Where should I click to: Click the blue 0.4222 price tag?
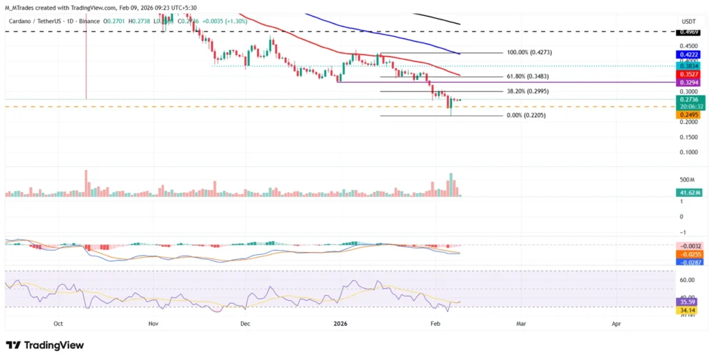point(689,54)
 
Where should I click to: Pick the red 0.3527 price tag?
point(689,74)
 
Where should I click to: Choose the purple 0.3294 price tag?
point(689,82)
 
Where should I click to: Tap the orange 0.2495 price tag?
point(689,114)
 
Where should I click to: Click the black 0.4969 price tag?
point(689,32)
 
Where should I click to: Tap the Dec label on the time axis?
point(245,324)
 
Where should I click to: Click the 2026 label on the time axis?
point(340,324)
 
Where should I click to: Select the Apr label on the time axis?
point(616,324)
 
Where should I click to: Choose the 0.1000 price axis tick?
point(688,152)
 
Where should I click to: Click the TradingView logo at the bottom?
point(45,345)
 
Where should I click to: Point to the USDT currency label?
point(688,20)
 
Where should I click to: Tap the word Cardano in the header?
point(23,21)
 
